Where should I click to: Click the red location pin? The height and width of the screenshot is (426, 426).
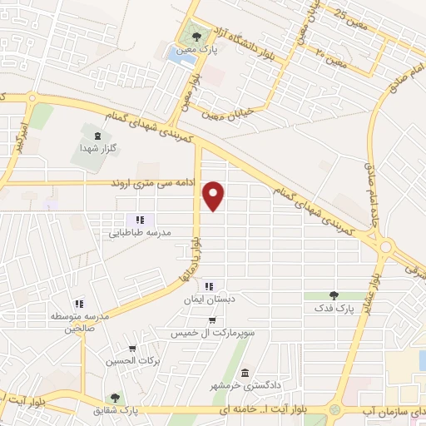(215, 195)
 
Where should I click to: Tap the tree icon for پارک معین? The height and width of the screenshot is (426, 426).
(195, 36)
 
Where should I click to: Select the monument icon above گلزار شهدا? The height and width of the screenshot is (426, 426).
(99, 135)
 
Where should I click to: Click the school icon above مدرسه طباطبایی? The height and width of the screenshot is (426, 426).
(141, 220)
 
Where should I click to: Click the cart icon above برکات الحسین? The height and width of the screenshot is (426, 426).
(131, 349)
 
